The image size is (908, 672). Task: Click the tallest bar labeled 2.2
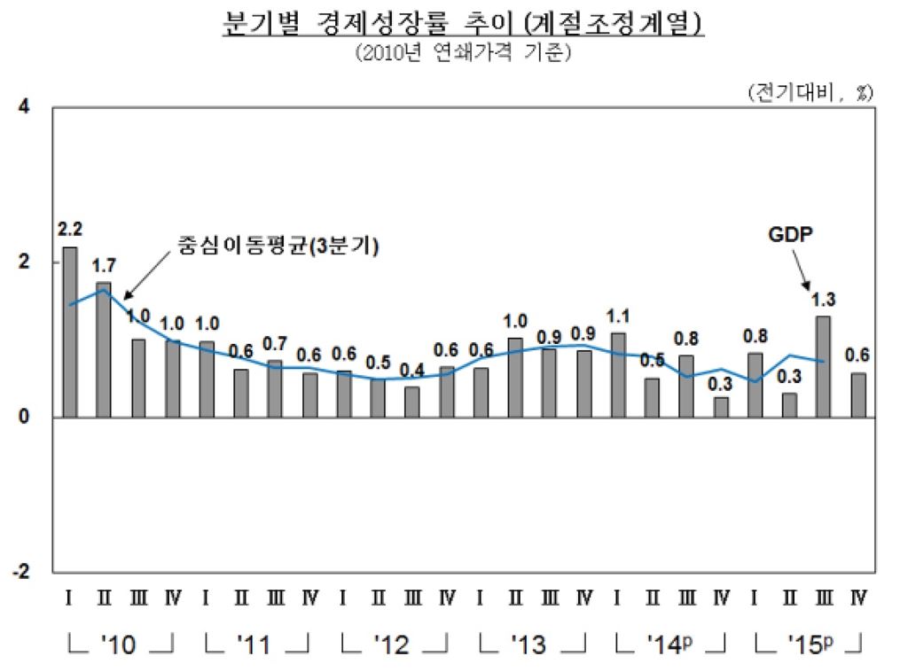pyautogui.click(x=69, y=332)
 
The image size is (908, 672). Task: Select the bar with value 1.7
pyautogui.click(x=104, y=350)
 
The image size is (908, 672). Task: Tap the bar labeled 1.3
pyautogui.click(x=824, y=366)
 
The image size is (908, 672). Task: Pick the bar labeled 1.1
pyautogui.click(x=618, y=375)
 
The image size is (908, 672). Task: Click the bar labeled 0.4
pyautogui.click(x=412, y=402)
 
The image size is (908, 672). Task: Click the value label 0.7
pyautogui.click(x=275, y=342)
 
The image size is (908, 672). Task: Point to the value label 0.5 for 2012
pyautogui.click(x=378, y=362)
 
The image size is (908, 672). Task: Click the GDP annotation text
pyautogui.click(x=791, y=235)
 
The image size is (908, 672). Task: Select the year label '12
pyautogui.click(x=391, y=645)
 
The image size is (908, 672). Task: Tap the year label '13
pyautogui.click(x=528, y=645)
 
